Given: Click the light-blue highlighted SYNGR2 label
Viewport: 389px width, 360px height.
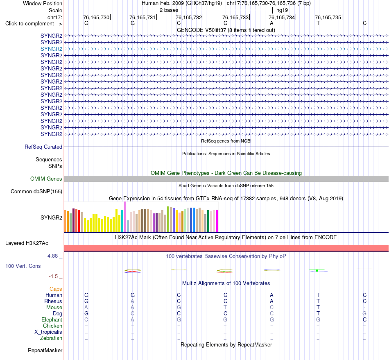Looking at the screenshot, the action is coord(51,49).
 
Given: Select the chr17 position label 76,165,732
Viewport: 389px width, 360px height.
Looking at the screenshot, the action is coord(189,17).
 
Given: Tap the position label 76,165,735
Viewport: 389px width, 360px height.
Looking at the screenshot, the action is coord(328,17).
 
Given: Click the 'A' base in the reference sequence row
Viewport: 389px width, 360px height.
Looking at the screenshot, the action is coord(271,23).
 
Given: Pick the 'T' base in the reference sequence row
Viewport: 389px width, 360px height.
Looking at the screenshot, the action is coord(318,23).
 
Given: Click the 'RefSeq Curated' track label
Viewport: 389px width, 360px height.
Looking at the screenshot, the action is coord(43,147).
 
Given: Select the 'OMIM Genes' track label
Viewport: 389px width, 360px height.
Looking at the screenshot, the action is coord(46,179).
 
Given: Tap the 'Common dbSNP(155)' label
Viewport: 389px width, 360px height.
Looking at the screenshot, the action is coord(36,192).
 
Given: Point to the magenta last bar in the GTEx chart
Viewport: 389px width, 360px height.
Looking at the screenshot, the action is coord(217,221).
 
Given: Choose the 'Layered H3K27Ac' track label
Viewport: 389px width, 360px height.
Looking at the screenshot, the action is coord(27,243).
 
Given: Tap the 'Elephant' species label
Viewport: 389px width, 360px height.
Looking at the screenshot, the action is coord(52,319).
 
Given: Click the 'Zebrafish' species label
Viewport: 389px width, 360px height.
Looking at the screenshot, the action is coord(51,338).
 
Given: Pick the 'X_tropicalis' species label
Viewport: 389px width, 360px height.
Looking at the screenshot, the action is coord(48,332).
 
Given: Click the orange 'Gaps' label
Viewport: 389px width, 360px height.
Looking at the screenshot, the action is coord(56,289).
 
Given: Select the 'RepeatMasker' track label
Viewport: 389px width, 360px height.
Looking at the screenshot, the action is coord(45,350).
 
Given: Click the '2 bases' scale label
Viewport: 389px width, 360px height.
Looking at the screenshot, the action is coord(169,10).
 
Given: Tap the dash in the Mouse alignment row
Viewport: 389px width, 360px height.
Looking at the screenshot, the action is coord(364,308).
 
